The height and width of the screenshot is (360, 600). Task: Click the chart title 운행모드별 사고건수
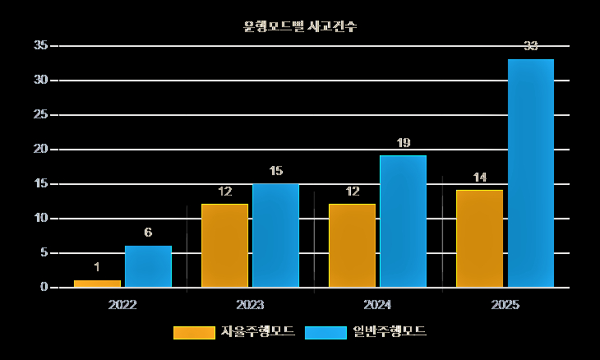(300, 26)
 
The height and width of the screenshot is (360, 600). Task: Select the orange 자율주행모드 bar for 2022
(97, 284)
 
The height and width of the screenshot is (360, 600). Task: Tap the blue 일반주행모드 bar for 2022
(148, 266)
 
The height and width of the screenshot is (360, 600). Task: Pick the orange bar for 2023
(224, 246)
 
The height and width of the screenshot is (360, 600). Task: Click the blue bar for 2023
(275, 235)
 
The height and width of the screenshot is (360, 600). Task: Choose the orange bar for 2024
(352, 246)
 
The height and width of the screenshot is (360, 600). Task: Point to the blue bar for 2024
(403, 221)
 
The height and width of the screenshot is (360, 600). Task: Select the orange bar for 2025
(479, 238)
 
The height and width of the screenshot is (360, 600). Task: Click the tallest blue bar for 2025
(530, 173)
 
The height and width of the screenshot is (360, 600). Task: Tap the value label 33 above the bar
(530, 47)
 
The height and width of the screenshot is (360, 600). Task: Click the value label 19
(403, 143)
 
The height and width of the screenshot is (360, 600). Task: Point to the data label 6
(148, 233)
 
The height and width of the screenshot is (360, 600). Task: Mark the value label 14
(479, 178)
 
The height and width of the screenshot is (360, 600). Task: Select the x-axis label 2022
(122, 305)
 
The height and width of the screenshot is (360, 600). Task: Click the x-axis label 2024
(377, 305)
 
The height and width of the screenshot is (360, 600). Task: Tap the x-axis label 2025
(505, 305)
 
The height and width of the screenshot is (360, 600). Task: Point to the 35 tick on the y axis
(40, 46)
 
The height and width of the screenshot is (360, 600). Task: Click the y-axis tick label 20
(40, 150)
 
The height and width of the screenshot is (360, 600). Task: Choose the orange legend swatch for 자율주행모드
(193, 332)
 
